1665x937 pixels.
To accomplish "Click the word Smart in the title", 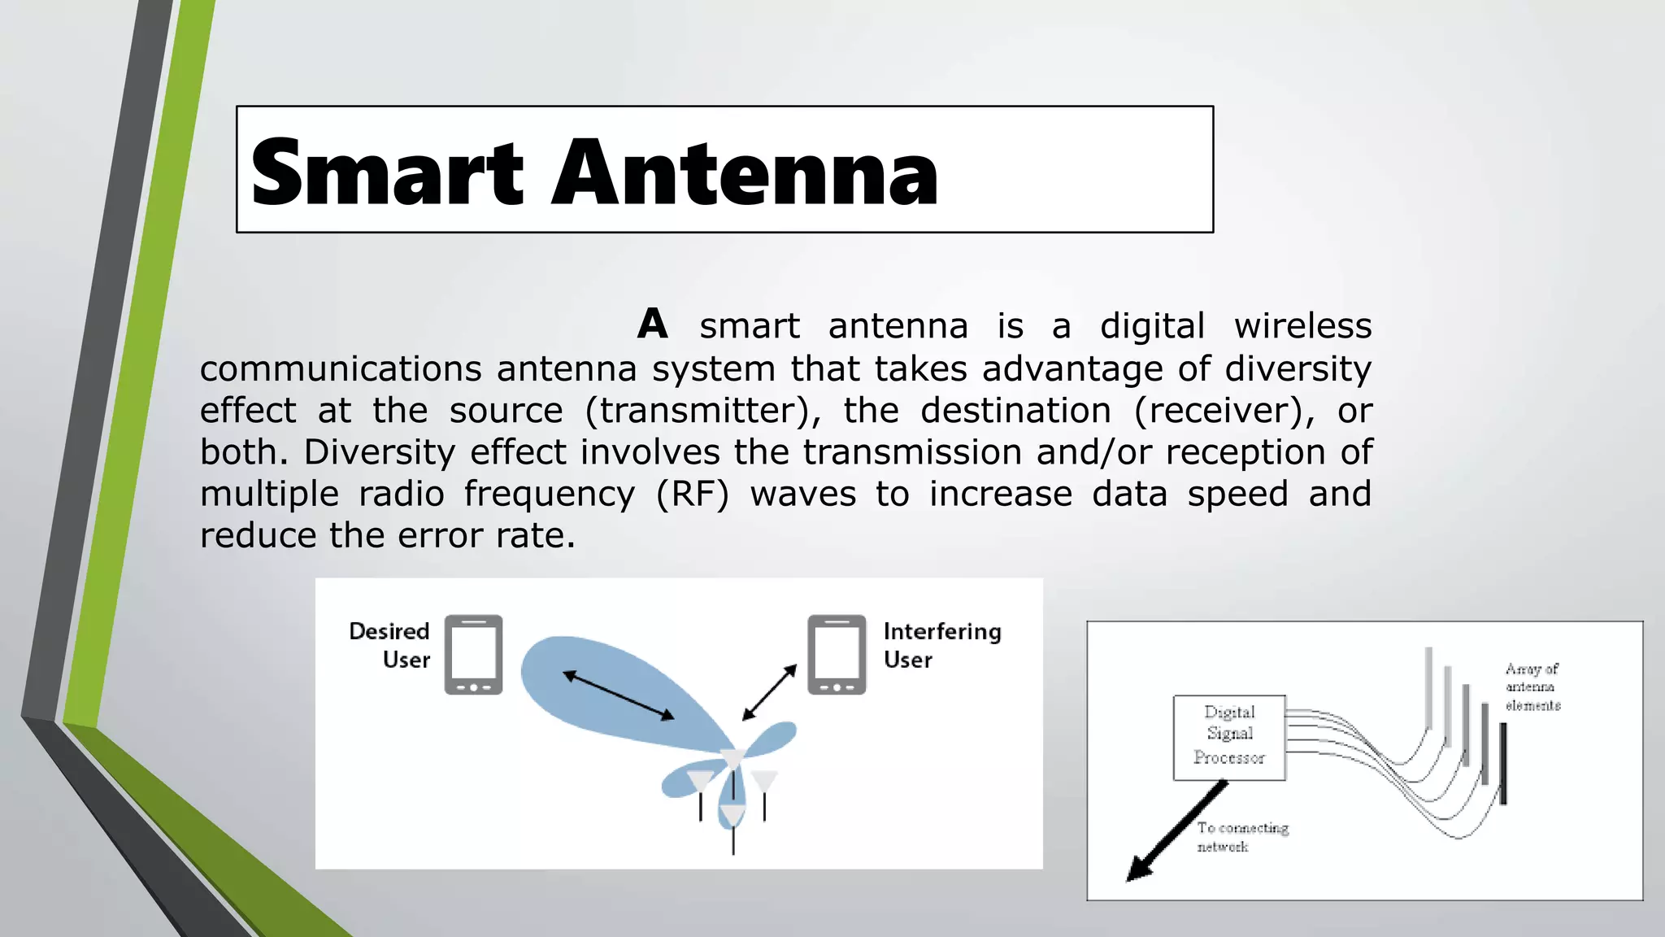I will [387, 173].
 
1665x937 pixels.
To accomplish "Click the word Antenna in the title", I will [745, 173].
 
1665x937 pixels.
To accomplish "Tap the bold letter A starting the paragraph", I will [653, 325].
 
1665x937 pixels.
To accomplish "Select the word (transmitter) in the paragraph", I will [703, 411].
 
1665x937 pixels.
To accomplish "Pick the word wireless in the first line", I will [1302, 326].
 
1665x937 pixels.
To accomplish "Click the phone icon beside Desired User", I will [473, 655].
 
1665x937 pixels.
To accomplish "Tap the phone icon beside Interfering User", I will [837, 655].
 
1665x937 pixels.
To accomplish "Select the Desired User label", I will [391, 645].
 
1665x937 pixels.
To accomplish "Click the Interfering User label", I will [941, 645].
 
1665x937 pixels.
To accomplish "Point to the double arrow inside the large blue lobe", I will [619, 695].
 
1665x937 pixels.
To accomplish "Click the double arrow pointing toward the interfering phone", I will [769, 692].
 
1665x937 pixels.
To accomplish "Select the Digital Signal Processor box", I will [1229, 737].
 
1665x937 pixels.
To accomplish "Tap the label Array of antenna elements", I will [1532, 687].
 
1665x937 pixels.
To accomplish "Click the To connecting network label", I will [1241, 837].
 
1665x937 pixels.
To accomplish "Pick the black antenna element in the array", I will [1503, 763].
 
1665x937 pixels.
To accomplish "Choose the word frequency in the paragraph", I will [550, 495].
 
